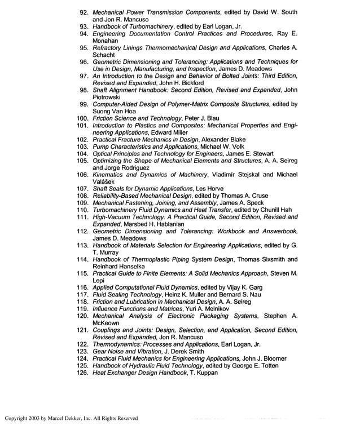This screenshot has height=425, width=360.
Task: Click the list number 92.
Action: tap(85, 12)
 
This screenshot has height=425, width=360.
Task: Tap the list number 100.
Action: tap(83, 118)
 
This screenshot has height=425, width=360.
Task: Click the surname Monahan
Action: tap(107, 40)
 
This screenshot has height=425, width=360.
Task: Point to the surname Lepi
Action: tap(98, 280)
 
